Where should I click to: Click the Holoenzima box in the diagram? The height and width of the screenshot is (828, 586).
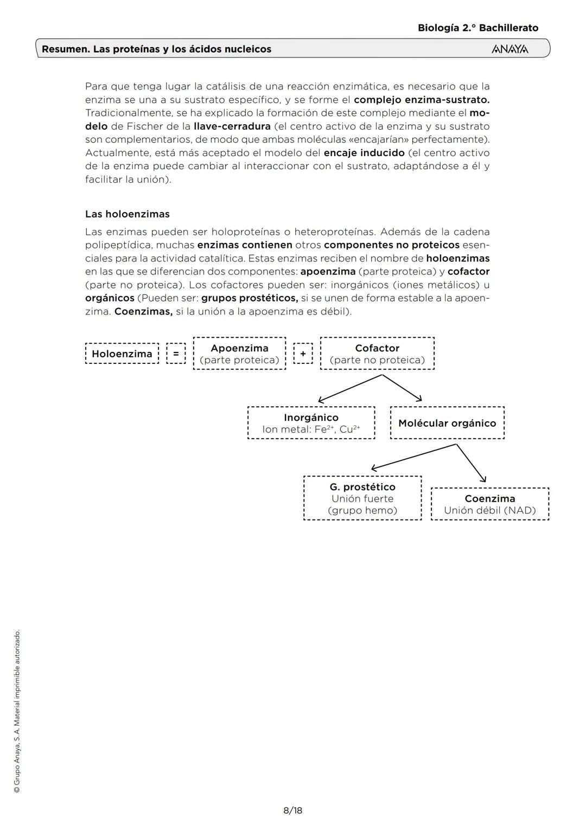click(122, 354)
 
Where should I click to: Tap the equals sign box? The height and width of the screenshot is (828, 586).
click(175, 354)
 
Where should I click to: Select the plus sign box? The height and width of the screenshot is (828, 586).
click(303, 354)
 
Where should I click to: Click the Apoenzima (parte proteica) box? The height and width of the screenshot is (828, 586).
click(239, 354)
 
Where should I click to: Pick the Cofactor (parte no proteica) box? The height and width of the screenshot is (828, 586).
click(377, 354)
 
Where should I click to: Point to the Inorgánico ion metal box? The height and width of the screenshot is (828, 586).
click(311, 423)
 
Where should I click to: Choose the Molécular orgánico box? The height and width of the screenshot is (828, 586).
click(447, 423)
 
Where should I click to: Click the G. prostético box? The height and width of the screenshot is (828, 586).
click(362, 498)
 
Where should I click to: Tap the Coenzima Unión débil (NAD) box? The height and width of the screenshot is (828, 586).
click(490, 504)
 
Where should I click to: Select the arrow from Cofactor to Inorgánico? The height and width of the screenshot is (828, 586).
click(350, 388)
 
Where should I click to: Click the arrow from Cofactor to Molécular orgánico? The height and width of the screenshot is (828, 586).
click(402, 388)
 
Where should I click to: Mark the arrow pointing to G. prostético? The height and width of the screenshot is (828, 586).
click(413, 457)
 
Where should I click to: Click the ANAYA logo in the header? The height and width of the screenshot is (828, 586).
click(509, 49)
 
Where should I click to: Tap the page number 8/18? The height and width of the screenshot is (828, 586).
click(292, 811)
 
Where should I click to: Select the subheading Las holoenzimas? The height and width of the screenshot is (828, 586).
click(128, 214)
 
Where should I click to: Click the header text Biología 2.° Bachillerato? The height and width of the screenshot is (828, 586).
click(478, 28)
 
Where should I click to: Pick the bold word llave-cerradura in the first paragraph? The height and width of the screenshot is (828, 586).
click(232, 126)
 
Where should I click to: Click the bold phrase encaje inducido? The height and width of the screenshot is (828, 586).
click(364, 153)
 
